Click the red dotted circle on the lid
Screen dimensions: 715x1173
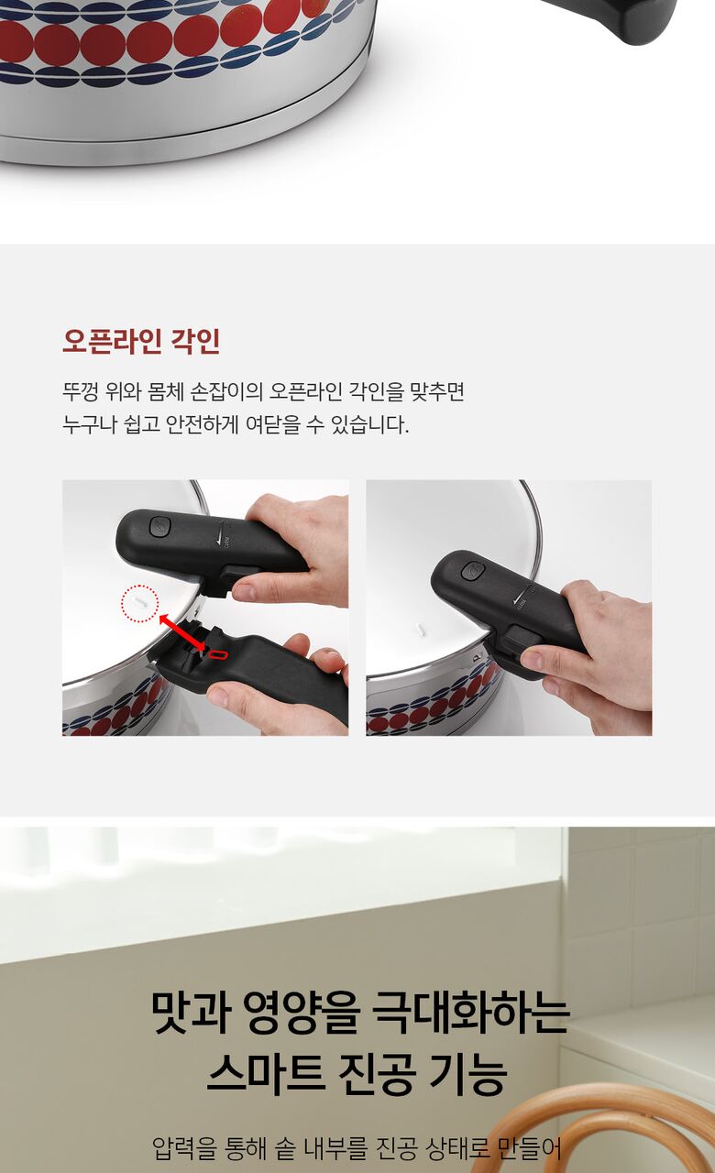pyautogui.click(x=139, y=603)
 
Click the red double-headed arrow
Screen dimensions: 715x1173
pyautogui.click(x=181, y=632)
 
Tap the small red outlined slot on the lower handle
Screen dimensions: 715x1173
pyautogui.click(x=218, y=654)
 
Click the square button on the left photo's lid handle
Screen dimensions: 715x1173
pyautogui.click(x=159, y=526)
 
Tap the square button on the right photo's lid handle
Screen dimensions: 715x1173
pyautogui.click(x=472, y=571)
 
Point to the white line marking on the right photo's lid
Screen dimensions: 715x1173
pyautogui.click(x=420, y=630)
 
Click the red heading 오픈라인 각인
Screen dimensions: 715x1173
pyautogui.click(x=141, y=341)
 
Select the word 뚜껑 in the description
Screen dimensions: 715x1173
pyautogui.click(x=80, y=391)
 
